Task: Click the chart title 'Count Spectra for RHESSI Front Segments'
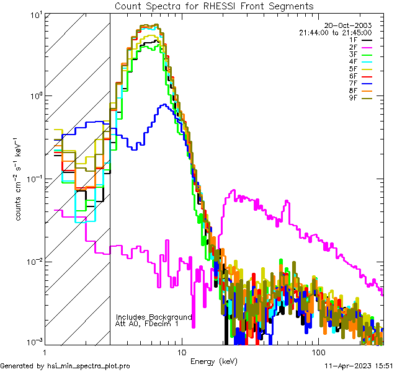click(214, 6)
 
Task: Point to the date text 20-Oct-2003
click(348, 25)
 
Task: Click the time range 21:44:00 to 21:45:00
click(335, 32)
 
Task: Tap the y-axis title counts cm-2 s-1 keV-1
click(21, 179)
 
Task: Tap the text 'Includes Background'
click(154, 317)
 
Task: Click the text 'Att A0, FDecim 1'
click(147, 324)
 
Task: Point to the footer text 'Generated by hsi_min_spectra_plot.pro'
click(65, 366)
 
